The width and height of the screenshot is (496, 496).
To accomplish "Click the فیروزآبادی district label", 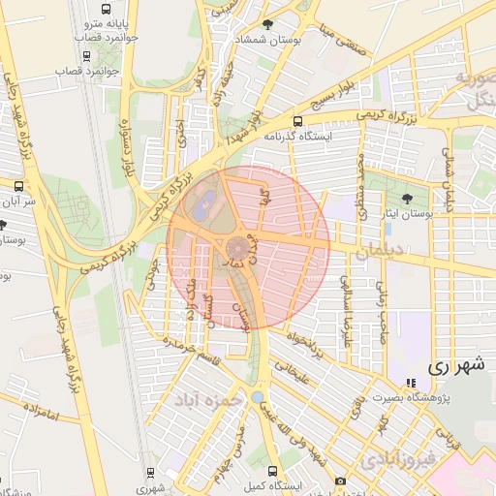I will [x=396, y=460].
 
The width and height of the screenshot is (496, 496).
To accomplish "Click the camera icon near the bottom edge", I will [x=340, y=481].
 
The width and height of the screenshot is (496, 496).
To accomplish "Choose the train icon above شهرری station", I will [x=150, y=472].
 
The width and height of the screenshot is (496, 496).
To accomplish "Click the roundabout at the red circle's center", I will [x=237, y=246].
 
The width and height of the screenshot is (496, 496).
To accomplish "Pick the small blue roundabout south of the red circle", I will [x=256, y=397].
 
